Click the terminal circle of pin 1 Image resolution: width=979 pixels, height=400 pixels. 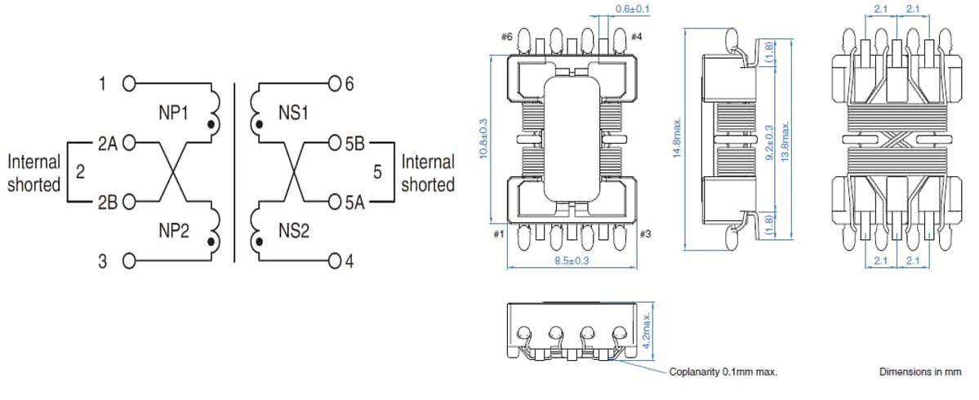click(128, 82)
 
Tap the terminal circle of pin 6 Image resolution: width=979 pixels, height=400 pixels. click(333, 82)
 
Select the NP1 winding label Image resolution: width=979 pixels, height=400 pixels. click(172, 113)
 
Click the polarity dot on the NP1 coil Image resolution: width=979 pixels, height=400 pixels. click(214, 125)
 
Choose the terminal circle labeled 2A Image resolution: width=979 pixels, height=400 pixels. click(128, 145)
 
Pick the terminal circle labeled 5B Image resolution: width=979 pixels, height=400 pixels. click(333, 145)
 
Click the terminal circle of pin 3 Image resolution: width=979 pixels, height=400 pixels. click(128, 261)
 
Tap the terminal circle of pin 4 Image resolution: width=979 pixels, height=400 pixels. click(333, 261)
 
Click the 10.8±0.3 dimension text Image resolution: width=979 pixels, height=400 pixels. click(483, 139)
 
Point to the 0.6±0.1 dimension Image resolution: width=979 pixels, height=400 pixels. click(631, 10)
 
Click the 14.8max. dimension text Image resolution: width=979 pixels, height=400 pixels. click(677, 139)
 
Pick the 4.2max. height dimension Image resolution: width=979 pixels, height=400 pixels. click(647, 330)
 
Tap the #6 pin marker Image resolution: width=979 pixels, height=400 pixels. click(507, 37)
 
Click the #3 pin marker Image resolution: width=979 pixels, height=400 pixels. click(645, 235)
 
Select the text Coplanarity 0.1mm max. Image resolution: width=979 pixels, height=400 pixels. click(723, 371)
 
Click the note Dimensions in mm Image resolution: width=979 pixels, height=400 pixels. click(920, 371)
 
